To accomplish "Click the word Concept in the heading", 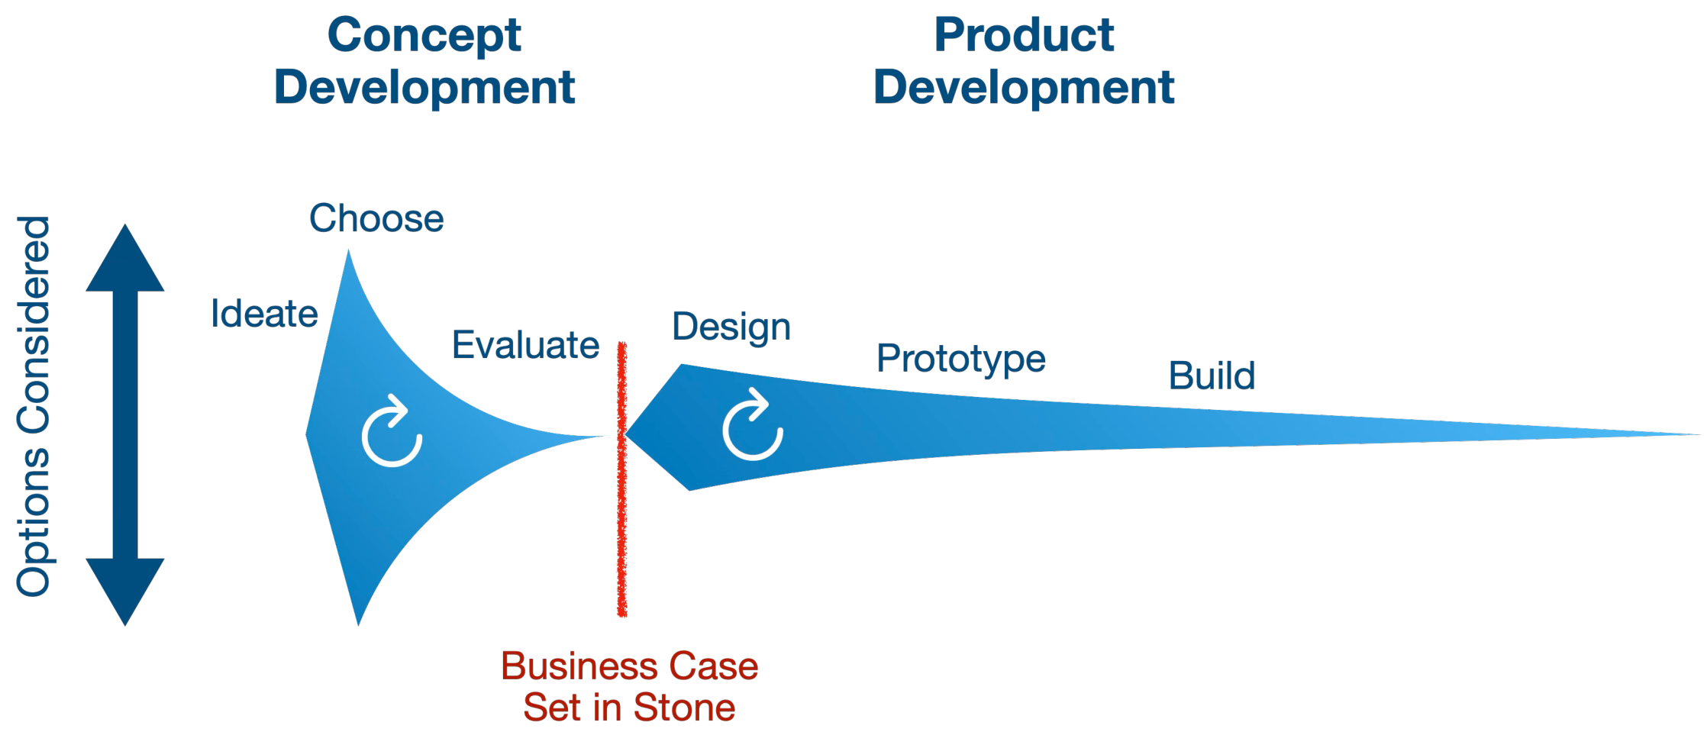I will pyautogui.click(x=424, y=36).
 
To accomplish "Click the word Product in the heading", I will pyautogui.click(x=1024, y=36).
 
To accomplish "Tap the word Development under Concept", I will pyautogui.click(x=424, y=87).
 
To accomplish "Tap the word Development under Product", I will pyautogui.click(x=1024, y=87).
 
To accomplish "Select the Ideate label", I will pyautogui.click(x=264, y=314).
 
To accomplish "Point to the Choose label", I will pyautogui.click(x=376, y=219).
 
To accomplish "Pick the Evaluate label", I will pyautogui.click(x=525, y=345).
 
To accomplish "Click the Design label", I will pyautogui.click(x=731, y=327).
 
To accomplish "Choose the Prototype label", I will pyautogui.click(x=960, y=359).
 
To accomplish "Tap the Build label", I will pyautogui.click(x=1212, y=376).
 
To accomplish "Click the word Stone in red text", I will pyautogui.click(x=684, y=708).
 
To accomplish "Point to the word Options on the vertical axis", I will pyautogui.click(x=34, y=522).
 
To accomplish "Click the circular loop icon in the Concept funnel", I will pyautogui.click(x=392, y=432).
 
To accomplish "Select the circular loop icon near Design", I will pyautogui.click(x=753, y=426).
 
